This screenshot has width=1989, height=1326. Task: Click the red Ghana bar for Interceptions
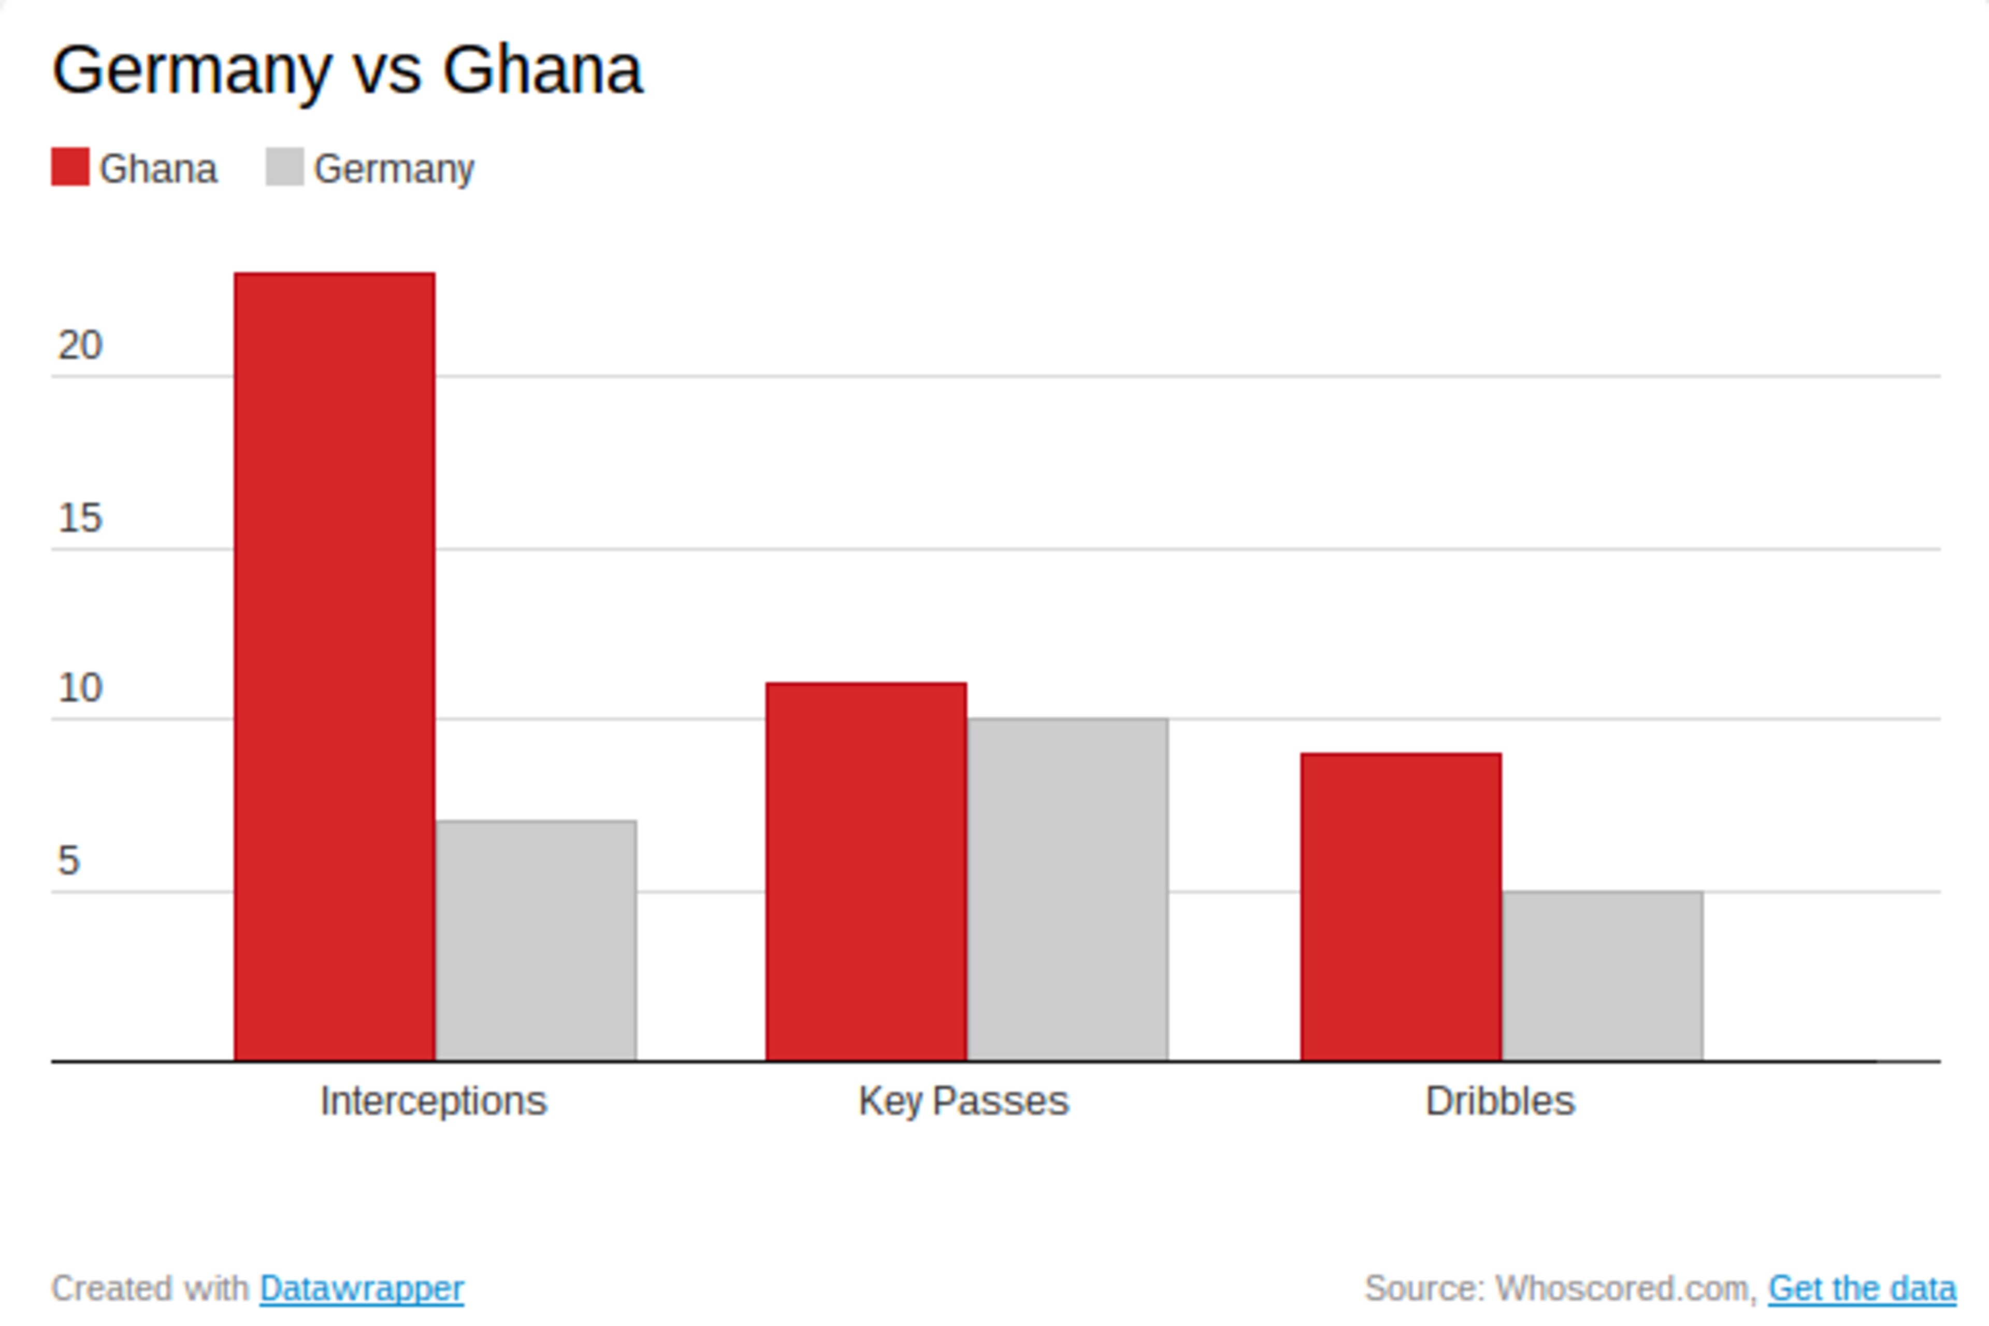[x=335, y=667]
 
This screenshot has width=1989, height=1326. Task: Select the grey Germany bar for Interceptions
[x=536, y=941]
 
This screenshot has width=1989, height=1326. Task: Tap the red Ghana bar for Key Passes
[x=866, y=871]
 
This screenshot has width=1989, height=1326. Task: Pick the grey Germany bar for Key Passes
[x=1067, y=890]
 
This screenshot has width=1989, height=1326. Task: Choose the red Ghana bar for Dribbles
[x=1401, y=906]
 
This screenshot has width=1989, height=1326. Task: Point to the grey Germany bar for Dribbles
[x=1603, y=976]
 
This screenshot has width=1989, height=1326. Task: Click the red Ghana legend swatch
[x=70, y=167]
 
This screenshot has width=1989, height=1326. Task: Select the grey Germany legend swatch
[x=285, y=167]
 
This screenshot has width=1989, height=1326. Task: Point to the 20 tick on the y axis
[x=79, y=345]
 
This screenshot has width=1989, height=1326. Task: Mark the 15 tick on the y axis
[x=79, y=517]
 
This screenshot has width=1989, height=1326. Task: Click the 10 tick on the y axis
[x=79, y=688]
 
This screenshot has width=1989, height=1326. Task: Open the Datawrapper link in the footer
[x=362, y=1289]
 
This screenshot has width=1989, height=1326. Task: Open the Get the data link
[x=1862, y=1289]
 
